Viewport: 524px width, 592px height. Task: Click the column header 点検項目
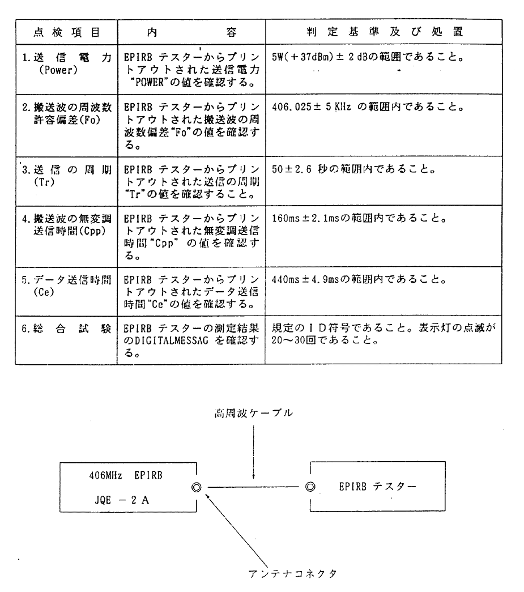click(x=66, y=32)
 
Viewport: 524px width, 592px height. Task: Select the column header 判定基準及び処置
click(x=385, y=32)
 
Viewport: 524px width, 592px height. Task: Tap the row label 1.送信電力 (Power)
click(x=67, y=64)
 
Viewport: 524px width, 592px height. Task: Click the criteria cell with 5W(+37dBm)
click(x=368, y=57)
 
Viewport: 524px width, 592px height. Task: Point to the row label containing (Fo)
click(x=67, y=113)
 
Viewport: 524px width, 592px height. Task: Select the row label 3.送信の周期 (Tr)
click(x=67, y=176)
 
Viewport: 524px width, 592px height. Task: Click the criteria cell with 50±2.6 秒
click(x=353, y=169)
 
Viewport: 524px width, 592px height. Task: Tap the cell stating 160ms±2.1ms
click(x=359, y=218)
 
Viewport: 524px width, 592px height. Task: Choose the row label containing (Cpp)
click(x=67, y=225)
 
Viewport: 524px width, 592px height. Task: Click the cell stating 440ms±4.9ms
click(x=359, y=279)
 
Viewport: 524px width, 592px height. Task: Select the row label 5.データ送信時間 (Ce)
click(x=66, y=286)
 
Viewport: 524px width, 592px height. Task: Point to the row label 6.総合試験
click(x=66, y=329)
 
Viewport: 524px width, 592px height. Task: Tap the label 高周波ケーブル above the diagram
click(x=253, y=413)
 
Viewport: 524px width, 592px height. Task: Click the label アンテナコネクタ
click(x=292, y=574)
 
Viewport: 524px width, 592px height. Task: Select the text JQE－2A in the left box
click(x=122, y=500)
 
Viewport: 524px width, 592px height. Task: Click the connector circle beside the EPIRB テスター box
click(x=310, y=487)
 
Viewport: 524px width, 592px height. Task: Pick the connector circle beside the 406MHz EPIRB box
click(x=197, y=487)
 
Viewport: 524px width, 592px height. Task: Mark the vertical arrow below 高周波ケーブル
click(x=253, y=452)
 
